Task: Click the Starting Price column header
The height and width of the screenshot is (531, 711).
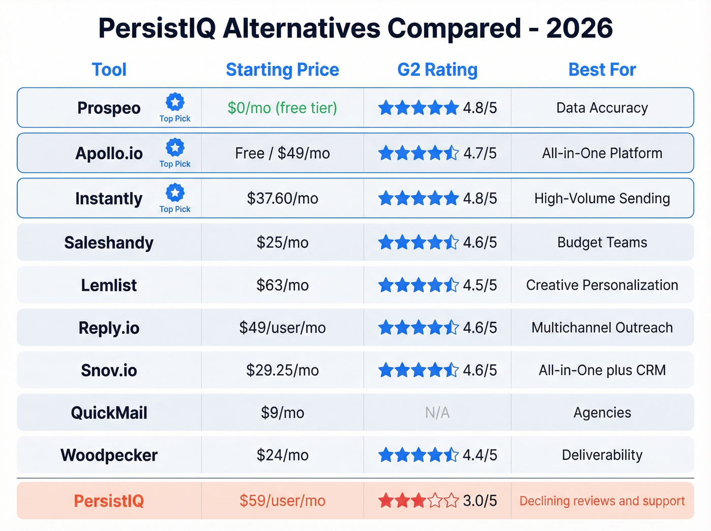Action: click(x=282, y=70)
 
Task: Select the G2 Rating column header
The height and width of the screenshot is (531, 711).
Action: click(x=437, y=70)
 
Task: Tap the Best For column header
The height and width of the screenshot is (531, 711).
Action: click(x=602, y=70)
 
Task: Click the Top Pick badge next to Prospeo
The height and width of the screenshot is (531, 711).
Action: click(x=175, y=108)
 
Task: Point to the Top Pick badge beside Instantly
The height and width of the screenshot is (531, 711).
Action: click(x=175, y=198)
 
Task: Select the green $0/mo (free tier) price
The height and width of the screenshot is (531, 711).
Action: click(x=282, y=108)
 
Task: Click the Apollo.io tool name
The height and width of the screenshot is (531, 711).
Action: click(x=109, y=153)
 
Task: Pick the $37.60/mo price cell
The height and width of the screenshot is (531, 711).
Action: click(x=282, y=198)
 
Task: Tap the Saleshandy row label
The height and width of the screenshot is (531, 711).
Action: click(x=109, y=243)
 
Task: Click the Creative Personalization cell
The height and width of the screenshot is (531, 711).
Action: click(x=602, y=285)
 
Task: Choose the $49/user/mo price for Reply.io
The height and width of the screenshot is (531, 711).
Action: click(x=282, y=328)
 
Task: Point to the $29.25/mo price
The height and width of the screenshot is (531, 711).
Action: click(x=282, y=370)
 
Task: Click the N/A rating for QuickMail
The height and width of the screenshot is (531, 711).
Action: click(x=437, y=413)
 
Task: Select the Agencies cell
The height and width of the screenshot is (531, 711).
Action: click(x=602, y=413)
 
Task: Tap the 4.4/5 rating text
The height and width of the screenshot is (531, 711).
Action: click(x=479, y=455)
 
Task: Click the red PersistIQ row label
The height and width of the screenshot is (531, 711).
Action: click(x=109, y=501)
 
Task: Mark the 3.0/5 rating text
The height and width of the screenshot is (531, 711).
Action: click(x=479, y=501)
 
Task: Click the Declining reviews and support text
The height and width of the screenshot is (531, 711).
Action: click(x=602, y=501)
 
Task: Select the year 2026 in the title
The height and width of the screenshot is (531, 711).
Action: click(x=579, y=28)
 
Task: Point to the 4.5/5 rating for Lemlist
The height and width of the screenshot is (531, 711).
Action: click(x=479, y=285)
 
